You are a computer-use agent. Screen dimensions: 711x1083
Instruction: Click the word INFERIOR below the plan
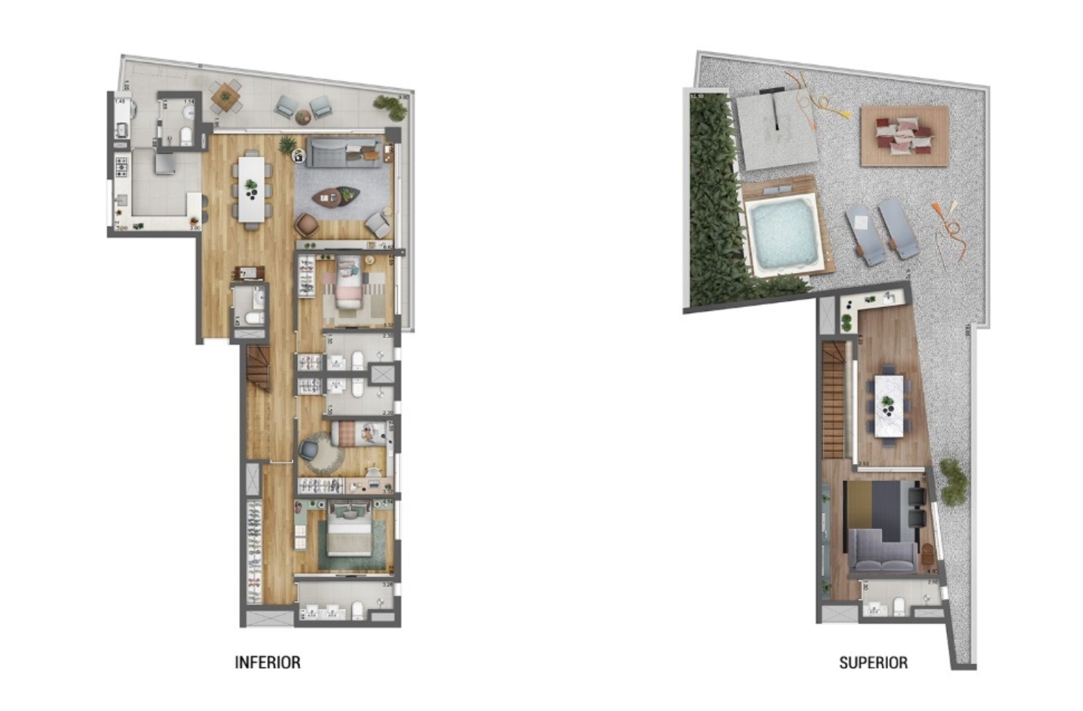(267, 662)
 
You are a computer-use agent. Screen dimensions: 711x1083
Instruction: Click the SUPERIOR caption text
(873, 663)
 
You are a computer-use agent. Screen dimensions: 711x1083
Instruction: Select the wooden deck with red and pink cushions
(904, 135)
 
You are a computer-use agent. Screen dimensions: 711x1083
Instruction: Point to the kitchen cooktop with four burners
(121, 167)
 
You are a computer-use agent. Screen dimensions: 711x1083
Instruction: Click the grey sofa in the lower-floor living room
(344, 152)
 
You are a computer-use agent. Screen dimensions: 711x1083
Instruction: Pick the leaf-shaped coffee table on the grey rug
(337, 197)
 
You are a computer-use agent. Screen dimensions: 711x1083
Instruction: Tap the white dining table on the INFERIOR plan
(251, 189)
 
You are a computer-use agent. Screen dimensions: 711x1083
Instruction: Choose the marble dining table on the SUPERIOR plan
(888, 405)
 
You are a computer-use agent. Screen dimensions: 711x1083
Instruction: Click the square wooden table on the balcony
(226, 97)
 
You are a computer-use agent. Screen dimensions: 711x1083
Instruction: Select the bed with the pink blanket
(348, 282)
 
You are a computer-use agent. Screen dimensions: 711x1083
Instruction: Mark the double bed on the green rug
(350, 532)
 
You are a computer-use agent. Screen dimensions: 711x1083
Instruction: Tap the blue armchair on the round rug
(308, 449)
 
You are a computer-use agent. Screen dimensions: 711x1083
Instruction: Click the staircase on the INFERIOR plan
(258, 367)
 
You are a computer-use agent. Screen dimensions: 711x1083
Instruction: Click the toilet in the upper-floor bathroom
(898, 607)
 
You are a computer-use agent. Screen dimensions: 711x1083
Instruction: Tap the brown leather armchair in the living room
(307, 224)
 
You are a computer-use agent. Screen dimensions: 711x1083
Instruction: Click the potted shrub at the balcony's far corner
(390, 106)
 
